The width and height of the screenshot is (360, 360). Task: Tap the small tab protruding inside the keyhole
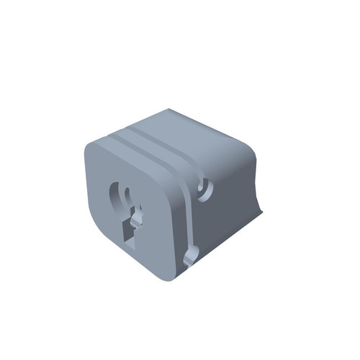click(138, 216)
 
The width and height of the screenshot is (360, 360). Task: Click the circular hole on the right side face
click(206, 188)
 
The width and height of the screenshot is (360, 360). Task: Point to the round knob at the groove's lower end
click(191, 256)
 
